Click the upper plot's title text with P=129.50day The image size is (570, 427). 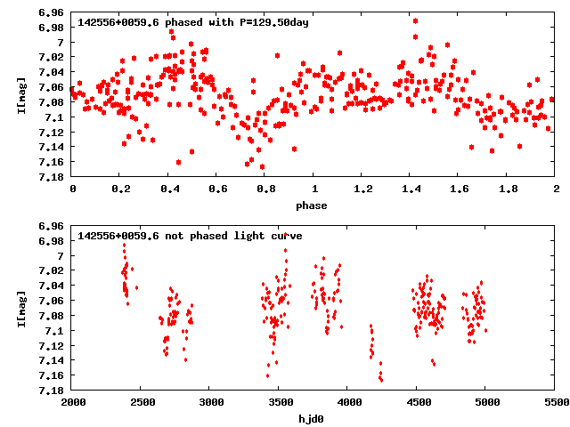193,22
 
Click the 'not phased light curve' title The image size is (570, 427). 190,236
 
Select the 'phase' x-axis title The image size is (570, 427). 312,205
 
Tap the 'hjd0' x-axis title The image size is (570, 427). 312,418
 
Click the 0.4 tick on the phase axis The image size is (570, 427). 169,189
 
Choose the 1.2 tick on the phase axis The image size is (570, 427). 362,189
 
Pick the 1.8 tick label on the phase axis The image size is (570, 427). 508,189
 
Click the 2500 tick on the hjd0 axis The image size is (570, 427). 142,402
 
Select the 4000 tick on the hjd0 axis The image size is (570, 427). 347,402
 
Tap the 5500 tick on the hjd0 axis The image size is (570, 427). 555,402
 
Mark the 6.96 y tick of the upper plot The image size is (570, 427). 52,13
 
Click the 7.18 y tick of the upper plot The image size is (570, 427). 52,176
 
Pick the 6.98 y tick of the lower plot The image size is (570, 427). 52,241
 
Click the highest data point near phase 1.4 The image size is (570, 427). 415,20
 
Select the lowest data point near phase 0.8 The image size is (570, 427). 262,166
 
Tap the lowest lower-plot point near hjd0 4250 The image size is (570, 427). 381,380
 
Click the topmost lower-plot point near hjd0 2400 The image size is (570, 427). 124,245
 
